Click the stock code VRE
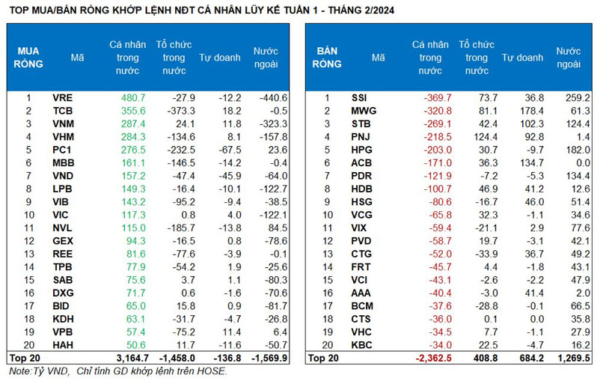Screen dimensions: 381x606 63,98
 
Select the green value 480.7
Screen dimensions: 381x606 132,98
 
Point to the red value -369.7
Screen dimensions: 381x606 435,98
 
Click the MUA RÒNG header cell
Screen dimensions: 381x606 28,58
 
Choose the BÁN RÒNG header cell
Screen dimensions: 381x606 327,58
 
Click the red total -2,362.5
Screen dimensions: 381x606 432,359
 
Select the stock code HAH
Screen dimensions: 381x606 63,345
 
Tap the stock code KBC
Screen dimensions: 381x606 361,345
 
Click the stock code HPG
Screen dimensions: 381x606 361,150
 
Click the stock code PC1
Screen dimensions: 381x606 63,150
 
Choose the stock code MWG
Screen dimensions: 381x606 362,111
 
